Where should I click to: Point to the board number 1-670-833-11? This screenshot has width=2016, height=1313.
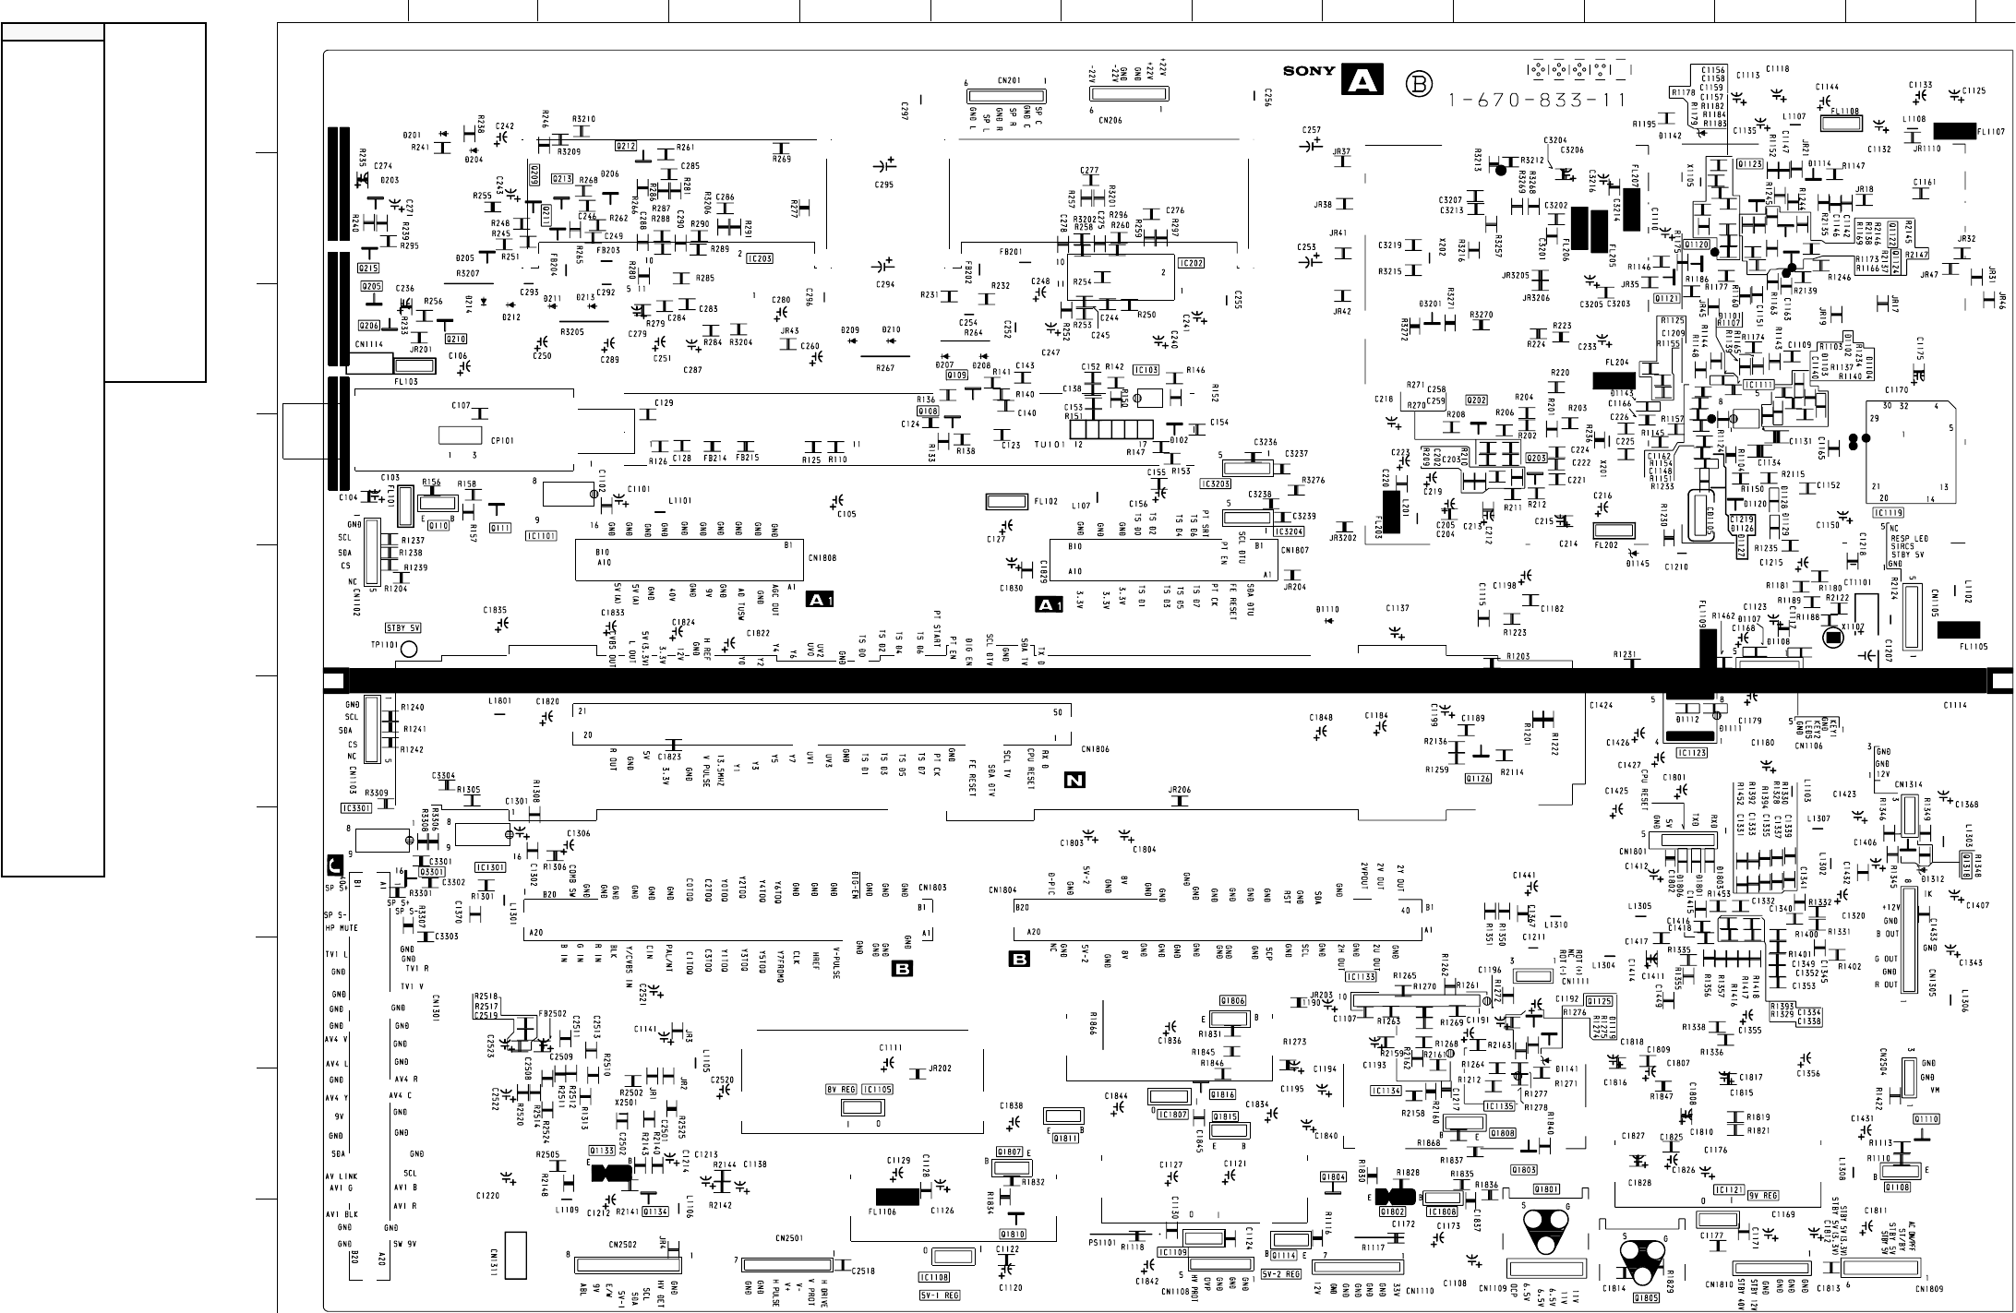1536,101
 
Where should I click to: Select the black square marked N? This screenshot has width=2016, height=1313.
1074,781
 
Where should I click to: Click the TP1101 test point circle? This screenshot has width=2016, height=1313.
409,650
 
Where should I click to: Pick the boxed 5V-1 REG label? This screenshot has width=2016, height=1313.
939,1295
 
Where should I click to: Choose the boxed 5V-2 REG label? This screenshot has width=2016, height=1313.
1280,1274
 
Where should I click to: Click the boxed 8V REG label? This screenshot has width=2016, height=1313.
841,1090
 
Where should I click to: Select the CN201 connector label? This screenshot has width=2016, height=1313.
1008,80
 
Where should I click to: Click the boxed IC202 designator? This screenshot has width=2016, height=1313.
1191,264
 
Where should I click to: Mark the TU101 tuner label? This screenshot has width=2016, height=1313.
1049,444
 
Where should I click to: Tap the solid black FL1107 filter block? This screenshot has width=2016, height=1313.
1953,131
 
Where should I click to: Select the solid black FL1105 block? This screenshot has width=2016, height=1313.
1958,629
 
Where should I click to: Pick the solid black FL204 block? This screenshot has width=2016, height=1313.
1614,380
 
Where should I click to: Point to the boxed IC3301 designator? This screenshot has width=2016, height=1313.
355,808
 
